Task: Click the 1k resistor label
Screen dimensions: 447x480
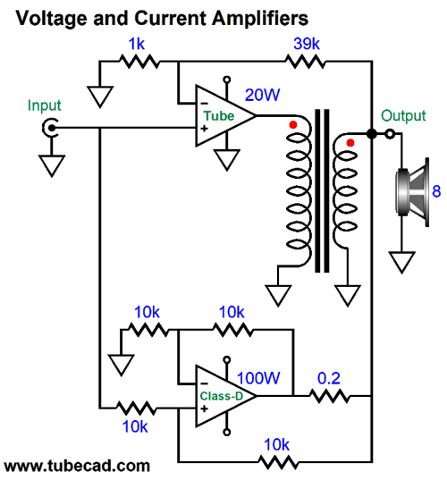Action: pyautogui.click(x=136, y=44)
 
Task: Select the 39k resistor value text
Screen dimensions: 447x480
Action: pyautogui.click(x=307, y=44)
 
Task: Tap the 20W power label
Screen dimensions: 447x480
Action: pyautogui.click(x=262, y=95)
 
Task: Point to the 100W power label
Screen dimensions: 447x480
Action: pyautogui.click(x=258, y=378)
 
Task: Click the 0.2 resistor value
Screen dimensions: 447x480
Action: pyautogui.click(x=328, y=378)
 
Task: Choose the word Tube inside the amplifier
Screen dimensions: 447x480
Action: pyautogui.click(x=219, y=116)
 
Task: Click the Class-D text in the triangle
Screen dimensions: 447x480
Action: pyautogui.click(x=222, y=396)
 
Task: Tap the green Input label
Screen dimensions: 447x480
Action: pyautogui.click(x=45, y=105)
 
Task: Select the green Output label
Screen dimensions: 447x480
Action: pyautogui.click(x=403, y=115)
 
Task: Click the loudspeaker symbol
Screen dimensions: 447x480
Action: pyautogui.click(x=412, y=192)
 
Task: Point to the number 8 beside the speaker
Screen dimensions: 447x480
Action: pyautogui.click(x=436, y=191)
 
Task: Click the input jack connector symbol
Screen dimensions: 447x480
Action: pyautogui.click(x=50, y=128)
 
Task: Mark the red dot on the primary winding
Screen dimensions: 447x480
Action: pyautogui.click(x=293, y=125)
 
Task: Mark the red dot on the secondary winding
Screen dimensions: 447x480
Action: pyautogui.click(x=350, y=143)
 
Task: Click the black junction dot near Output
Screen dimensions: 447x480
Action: pyautogui.click(x=372, y=134)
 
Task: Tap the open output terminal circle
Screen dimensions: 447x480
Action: pyautogui.click(x=390, y=134)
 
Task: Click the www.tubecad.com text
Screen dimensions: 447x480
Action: pyautogui.click(x=77, y=466)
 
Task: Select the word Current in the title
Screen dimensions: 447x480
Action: pyautogui.click(x=170, y=18)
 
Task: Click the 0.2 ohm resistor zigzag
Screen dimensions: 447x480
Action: pyautogui.click(x=329, y=396)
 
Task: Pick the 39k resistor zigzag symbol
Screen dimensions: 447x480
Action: pyautogui.click(x=305, y=62)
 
